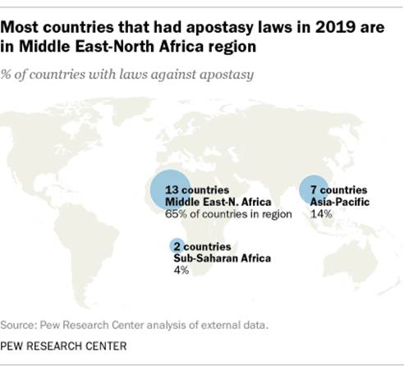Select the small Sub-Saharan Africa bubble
tap(176, 245)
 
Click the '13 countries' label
tap(182, 190)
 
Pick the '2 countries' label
tap(202, 247)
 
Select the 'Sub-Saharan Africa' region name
tap(221, 258)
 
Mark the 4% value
tap(181, 270)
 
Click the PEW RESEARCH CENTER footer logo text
tap(64, 346)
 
